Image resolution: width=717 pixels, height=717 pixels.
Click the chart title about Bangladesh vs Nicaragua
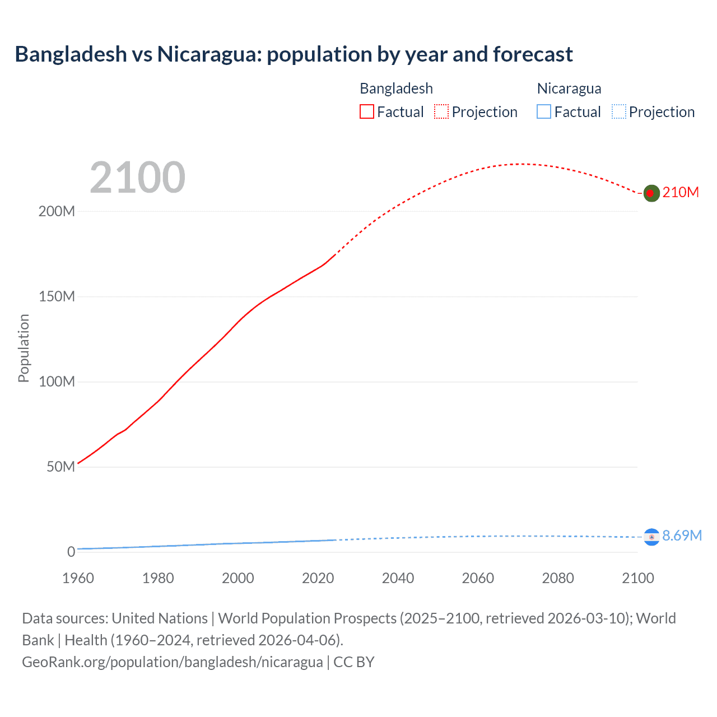tap(294, 54)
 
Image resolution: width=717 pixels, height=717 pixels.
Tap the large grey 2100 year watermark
tap(137, 177)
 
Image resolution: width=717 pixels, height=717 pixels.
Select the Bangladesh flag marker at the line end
tap(651, 193)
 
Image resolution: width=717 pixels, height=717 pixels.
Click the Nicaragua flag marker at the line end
tap(651, 537)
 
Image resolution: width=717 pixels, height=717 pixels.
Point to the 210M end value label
tap(681, 192)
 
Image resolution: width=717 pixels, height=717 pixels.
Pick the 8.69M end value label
tap(682, 536)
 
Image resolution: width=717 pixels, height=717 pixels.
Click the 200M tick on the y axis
tap(57, 212)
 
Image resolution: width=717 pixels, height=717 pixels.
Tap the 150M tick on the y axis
tap(57, 297)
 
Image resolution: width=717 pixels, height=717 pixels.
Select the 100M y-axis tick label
tap(57, 382)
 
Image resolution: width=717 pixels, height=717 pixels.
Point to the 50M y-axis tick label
tap(60, 467)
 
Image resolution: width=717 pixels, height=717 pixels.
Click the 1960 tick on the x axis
tap(78, 578)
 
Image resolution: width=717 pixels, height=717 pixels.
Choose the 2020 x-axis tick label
tap(318, 578)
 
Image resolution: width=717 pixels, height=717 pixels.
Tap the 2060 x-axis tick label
tap(478, 578)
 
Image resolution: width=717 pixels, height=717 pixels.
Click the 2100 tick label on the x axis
tap(637, 578)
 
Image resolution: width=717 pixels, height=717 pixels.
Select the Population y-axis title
tap(24, 348)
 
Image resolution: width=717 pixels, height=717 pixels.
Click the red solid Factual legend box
tap(366, 111)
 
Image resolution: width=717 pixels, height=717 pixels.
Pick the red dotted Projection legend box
tap(441, 111)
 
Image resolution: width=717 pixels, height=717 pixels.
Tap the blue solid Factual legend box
tap(543, 111)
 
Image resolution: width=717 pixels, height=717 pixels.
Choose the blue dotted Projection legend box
tap(618, 111)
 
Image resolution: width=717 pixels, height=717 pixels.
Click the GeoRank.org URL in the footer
tap(172, 662)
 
